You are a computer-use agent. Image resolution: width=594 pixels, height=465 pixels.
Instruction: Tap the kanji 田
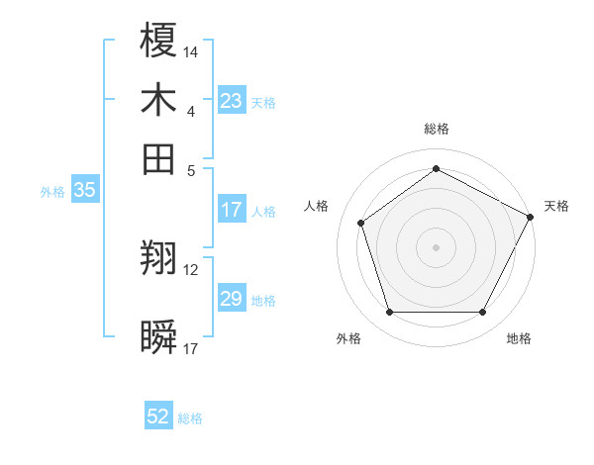(159, 159)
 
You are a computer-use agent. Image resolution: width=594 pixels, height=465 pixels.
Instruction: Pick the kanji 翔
(159, 259)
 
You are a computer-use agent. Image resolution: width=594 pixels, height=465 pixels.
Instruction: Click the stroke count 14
(191, 50)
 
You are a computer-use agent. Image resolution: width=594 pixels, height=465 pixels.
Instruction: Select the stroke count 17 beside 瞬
(191, 348)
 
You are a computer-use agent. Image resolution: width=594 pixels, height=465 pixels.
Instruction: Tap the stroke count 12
(191, 269)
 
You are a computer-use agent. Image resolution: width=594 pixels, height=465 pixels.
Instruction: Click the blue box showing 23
(232, 101)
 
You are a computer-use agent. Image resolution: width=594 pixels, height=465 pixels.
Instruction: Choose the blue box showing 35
(84, 191)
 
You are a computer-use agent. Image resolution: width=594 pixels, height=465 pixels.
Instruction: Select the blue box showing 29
(232, 299)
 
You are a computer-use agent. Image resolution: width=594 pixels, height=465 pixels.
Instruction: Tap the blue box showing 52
(158, 418)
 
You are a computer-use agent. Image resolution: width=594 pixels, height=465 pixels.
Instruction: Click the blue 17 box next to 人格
(232, 210)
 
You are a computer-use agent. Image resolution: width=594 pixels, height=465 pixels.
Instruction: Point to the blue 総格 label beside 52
(190, 418)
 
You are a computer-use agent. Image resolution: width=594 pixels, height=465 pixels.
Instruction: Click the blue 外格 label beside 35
(51, 192)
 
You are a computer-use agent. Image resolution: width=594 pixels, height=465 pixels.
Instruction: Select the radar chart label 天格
(556, 206)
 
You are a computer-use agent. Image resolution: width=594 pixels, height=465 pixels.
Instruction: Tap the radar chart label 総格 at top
(437, 130)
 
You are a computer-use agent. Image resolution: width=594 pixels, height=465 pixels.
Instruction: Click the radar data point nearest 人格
(361, 223)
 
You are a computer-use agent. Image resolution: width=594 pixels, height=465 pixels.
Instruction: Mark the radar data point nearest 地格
(483, 313)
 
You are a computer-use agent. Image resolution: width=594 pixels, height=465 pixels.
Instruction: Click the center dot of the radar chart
(437, 246)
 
